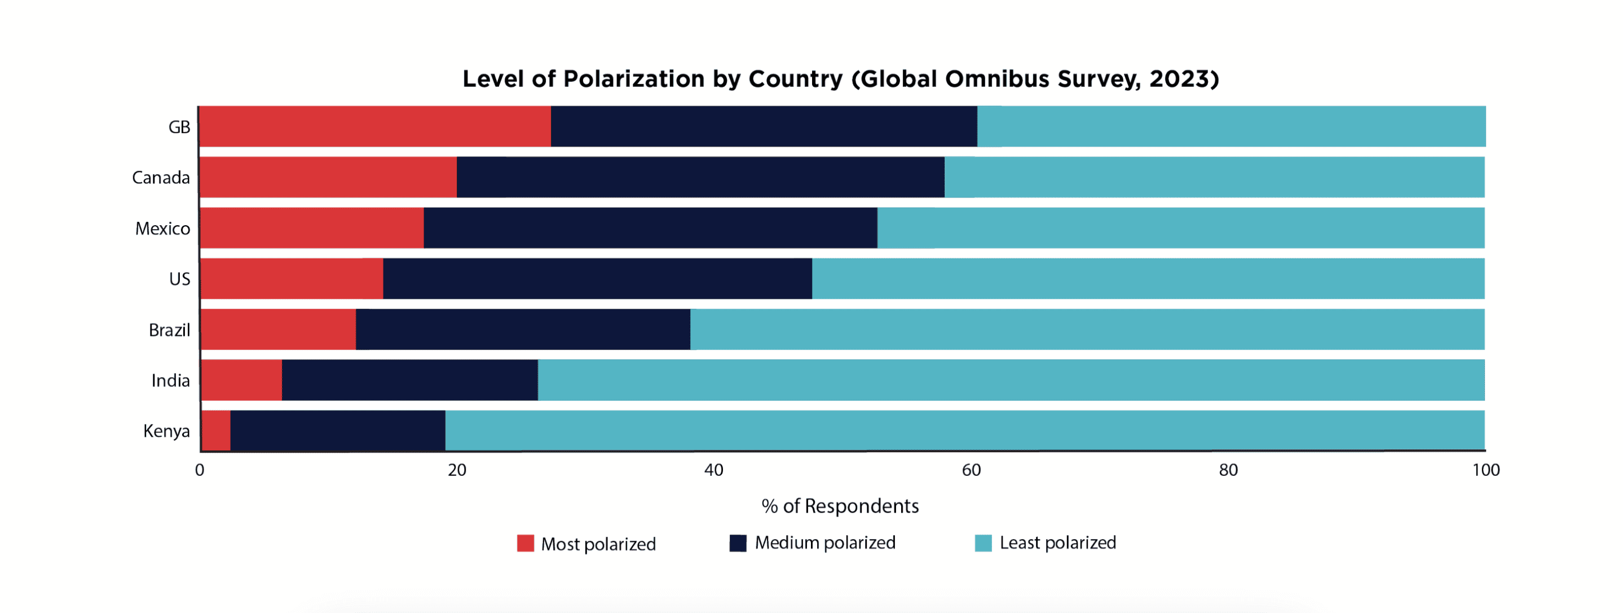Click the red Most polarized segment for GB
pyautogui.click(x=375, y=127)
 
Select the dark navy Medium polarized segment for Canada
pyautogui.click(x=700, y=177)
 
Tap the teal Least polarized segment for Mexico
pyautogui.click(x=1180, y=227)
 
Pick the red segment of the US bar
pyautogui.click(x=292, y=278)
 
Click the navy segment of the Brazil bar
pyautogui.click(x=522, y=329)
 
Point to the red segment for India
pyautogui.click(x=241, y=380)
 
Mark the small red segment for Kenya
pyautogui.click(x=216, y=431)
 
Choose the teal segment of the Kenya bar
pyautogui.click(x=964, y=431)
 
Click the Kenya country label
pyautogui.click(x=166, y=431)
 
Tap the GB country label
pyautogui.click(x=179, y=128)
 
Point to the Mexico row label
pyautogui.click(x=162, y=228)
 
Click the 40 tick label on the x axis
pyautogui.click(x=713, y=470)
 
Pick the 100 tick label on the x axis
pyautogui.click(x=1485, y=470)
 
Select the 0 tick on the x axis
pyautogui.click(x=200, y=470)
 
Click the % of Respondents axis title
pyautogui.click(x=840, y=506)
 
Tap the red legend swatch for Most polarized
pyautogui.click(x=525, y=543)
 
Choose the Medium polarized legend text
pyautogui.click(x=824, y=542)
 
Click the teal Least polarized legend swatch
pyautogui.click(x=983, y=542)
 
